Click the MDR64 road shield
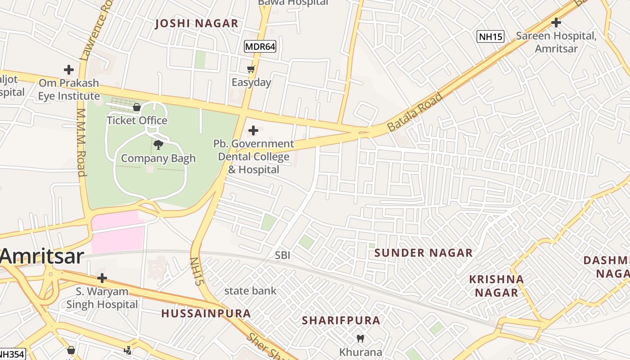(x=260, y=46)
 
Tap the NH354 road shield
(x=12, y=354)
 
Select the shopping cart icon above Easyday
(x=251, y=69)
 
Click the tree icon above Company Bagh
(x=158, y=144)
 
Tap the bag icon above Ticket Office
(x=137, y=107)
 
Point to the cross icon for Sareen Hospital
(x=556, y=22)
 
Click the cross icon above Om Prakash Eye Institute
(x=69, y=70)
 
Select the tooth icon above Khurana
(x=360, y=338)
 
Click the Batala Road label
(x=415, y=112)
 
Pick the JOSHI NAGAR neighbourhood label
(x=197, y=24)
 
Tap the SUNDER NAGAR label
(x=423, y=253)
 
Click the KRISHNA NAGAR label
(x=496, y=286)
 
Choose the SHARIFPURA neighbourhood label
(x=341, y=320)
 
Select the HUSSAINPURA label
(x=206, y=314)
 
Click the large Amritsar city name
(x=42, y=256)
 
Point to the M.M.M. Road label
(x=81, y=142)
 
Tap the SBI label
(x=283, y=256)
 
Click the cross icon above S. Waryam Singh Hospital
(x=102, y=278)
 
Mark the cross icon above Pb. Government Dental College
(x=253, y=130)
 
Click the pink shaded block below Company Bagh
(x=118, y=232)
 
